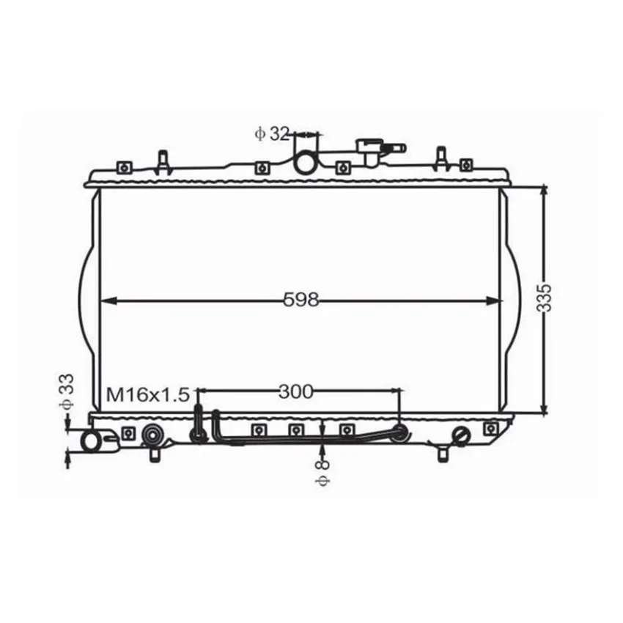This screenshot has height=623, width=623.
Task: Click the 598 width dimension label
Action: (301, 300)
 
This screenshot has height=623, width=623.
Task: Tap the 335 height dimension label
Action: (544, 298)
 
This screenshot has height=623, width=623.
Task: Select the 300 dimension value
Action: (296, 392)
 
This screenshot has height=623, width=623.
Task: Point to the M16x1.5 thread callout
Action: (148, 394)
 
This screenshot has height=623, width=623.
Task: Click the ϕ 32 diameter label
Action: (272, 134)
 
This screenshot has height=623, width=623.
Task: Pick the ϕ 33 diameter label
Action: (67, 391)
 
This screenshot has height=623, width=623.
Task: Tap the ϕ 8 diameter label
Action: (322, 473)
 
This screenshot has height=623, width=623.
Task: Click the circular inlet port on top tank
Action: (306, 163)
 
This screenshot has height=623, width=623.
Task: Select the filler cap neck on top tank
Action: (372, 152)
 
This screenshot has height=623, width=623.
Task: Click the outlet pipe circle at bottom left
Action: (92, 442)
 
